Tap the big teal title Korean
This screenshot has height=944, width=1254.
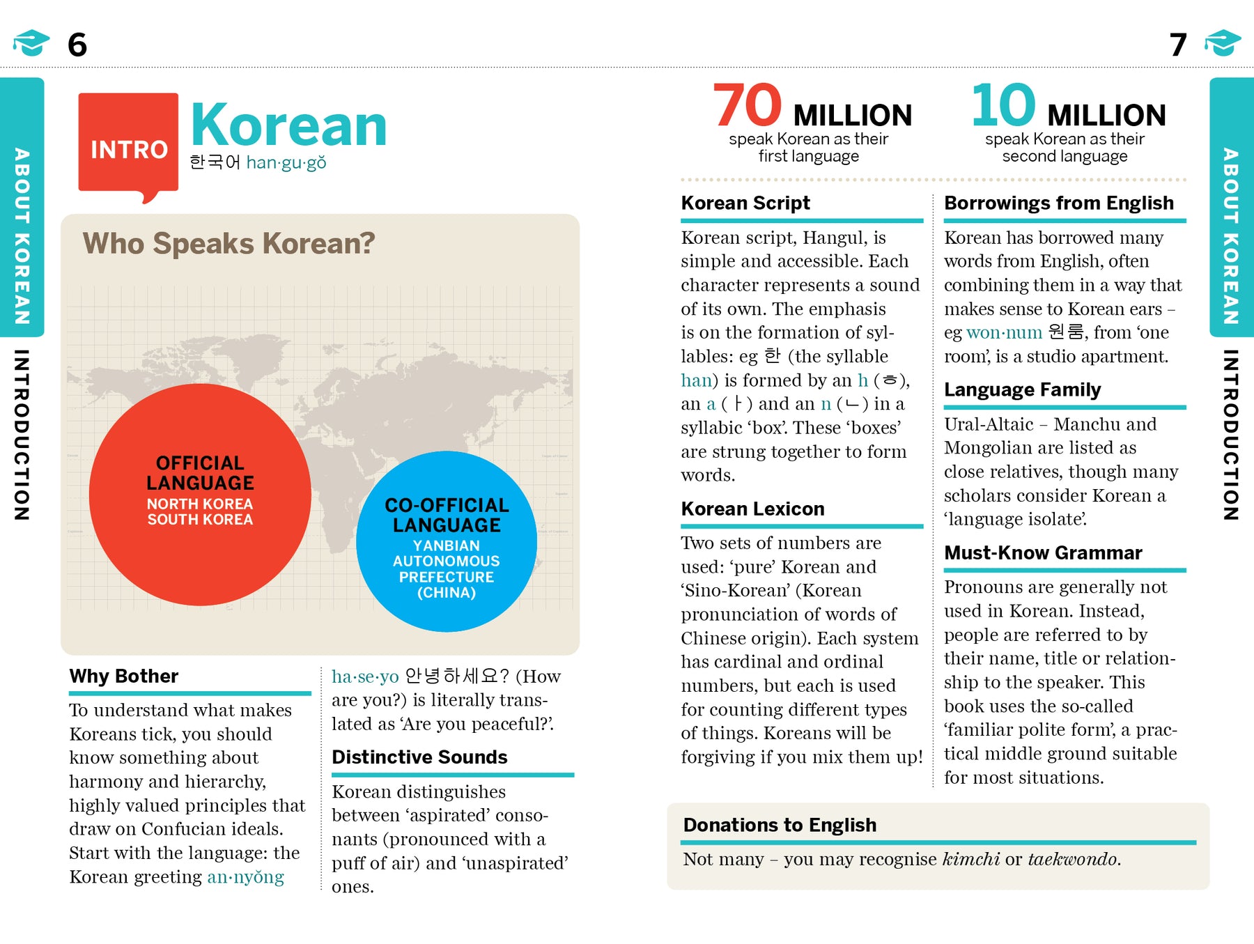[x=288, y=125]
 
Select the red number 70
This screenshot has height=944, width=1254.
[x=748, y=105]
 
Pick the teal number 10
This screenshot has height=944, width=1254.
[x=1003, y=105]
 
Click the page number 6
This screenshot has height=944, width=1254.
[x=77, y=45]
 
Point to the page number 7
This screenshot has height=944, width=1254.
[x=1178, y=45]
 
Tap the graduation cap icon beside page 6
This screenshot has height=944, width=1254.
[x=31, y=43]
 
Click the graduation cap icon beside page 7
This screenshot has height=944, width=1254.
[x=1223, y=43]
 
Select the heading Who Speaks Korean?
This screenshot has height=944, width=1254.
[x=229, y=244]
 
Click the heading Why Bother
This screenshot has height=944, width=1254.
[x=124, y=676]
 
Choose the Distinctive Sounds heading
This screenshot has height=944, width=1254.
[x=419, y=757]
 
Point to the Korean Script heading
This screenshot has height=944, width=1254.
[x=745, y=203]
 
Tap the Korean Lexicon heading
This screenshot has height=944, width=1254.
[x=752, y=509]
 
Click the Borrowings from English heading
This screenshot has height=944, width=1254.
[x=1058, y=203]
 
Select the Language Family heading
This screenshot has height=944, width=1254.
[x=1022, y=389]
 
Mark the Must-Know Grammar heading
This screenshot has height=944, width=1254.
[x=1043, y=553]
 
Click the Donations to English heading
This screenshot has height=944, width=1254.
[x=780, y=825]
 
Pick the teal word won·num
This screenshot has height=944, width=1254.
[x=1004, y=332]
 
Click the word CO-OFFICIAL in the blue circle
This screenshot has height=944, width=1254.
[x=447, y=505]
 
